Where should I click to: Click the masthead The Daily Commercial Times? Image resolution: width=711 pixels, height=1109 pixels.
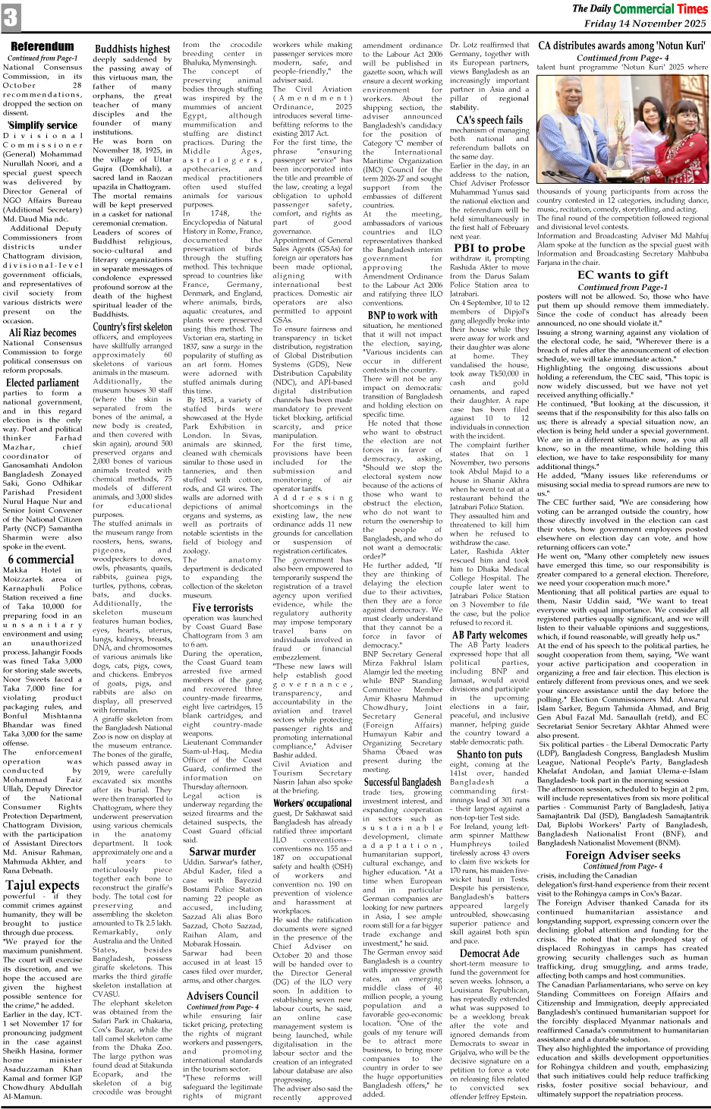click(x=639, y=9)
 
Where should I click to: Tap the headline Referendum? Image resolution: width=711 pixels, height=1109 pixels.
click(x=42, y=47)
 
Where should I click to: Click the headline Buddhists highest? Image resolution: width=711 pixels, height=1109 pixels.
click(x=133, y=49)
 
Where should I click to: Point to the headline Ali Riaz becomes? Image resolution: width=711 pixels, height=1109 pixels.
click(x=42, y=332)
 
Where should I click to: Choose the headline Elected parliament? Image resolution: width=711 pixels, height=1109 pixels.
click(x=42, y=383)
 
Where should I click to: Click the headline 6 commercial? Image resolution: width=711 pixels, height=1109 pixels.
click(x=41, y=559)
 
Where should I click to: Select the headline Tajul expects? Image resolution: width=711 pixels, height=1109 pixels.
click(x=42, y=884)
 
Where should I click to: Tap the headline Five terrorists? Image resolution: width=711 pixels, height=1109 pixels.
click(x=222, y=607)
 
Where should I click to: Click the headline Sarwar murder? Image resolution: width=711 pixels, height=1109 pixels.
click(x=223, y=852)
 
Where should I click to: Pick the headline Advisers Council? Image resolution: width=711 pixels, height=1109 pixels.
click(x=222, y=995)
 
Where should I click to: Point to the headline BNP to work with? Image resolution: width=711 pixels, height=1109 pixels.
click(x=402, y=315)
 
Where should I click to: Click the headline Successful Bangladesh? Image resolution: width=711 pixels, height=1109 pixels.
click(x=402, y=782)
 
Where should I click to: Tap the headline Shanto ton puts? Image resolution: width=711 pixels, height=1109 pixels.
click(x=489, y=754)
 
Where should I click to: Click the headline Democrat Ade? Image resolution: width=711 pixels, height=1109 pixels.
click(x=489, y=953)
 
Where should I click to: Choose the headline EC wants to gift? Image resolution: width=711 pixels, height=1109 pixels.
click(x=622, y=275)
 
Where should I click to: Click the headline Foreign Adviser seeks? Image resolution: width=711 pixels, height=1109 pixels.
click(x=622, y=855)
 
